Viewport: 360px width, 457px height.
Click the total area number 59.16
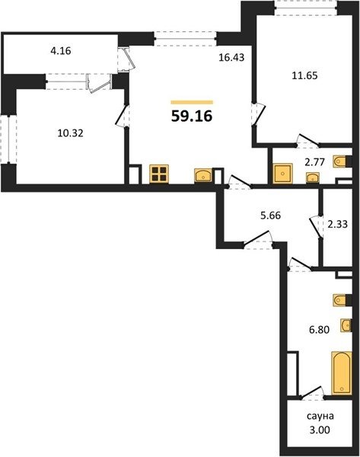(192, 117)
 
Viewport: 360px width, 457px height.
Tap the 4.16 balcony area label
(61, 51)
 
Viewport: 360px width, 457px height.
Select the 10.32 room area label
(70, 133)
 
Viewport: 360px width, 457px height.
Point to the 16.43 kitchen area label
(231, 57)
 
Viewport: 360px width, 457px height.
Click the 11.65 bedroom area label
(304, 75)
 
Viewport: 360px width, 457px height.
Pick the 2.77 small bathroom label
(314, 162)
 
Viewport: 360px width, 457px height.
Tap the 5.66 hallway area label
(271, 216)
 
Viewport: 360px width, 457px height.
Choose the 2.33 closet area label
(338, 224)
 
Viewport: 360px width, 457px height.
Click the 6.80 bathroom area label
(319, 330)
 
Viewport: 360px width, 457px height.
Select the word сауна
(320, 416)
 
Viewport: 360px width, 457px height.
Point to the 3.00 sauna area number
(320, 430)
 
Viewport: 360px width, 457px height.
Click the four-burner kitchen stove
(159, 174)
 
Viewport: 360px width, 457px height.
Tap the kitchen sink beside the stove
(203, 175)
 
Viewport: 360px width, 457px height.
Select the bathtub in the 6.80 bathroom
(342, 373)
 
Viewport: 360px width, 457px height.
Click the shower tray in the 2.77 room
(282, 174)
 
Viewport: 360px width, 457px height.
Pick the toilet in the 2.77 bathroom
(342, 161)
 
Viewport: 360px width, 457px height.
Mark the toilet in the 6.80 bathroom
(342, 300)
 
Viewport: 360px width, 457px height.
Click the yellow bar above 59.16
(192, 102)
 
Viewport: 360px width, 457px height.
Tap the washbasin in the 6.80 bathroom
(346, 325)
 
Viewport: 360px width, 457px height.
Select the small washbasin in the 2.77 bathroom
(313, 177)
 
